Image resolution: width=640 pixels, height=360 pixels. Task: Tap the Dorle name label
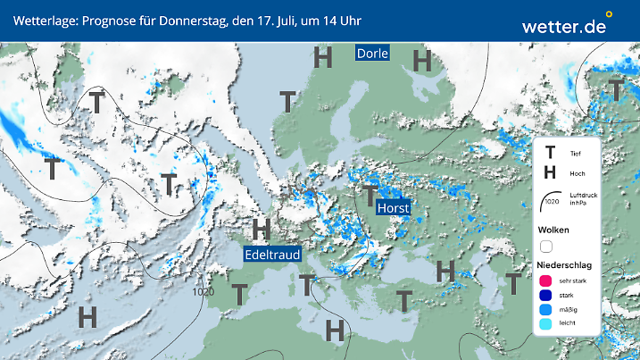click(x=372, y=53)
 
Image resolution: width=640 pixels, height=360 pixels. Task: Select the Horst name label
click(x=394, y=208)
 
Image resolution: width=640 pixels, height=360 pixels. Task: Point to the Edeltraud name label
click(x=273, y=255)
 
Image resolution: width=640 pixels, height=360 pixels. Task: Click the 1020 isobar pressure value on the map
click(x=203, y=291)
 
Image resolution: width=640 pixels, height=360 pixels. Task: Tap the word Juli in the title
click(x=281, y=20)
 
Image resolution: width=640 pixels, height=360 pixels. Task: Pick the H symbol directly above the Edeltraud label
click(x=262, y=229)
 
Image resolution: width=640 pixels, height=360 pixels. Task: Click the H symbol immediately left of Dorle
click(x=323, y=58)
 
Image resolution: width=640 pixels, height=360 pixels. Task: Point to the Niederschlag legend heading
click(x=564, y=265)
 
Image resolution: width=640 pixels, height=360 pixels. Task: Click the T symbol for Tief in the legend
click(x=551, y=152)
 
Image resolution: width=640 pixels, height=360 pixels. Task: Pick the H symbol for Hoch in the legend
click(x=551, y=172)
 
